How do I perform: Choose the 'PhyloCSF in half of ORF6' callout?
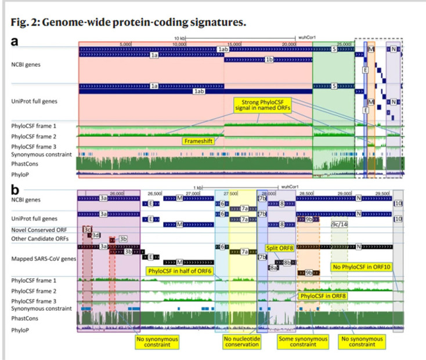(181, 270)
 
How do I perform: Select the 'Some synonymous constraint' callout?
(299, 342)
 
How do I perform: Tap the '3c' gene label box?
(88, 230)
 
